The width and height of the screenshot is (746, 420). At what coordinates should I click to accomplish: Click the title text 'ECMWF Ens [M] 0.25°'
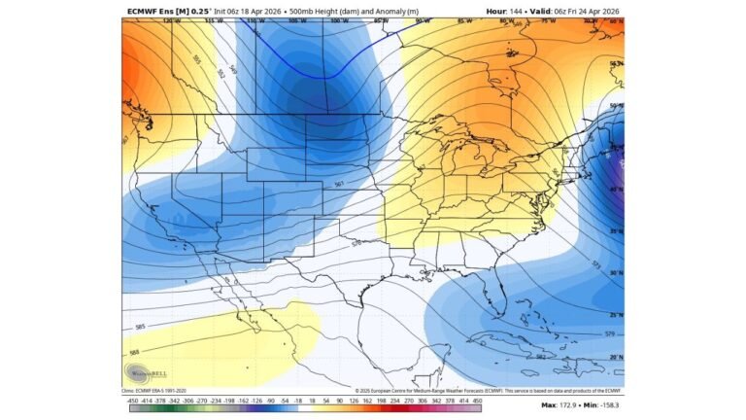click(165, 12)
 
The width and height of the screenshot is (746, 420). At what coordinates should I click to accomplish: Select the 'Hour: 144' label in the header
click(506, 12)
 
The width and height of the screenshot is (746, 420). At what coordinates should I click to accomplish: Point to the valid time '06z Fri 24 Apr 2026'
click(583, 12)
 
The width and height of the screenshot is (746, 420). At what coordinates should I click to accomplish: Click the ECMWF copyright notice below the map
click(486, 391)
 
